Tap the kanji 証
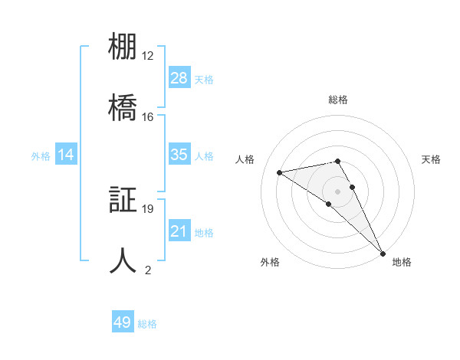tap(123, 201)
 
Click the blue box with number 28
tap(179, 78)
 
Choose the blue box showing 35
tap(179, 155)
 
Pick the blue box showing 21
tap(179, 231)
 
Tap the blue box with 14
tap(66, 155)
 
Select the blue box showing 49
tap(123, 322)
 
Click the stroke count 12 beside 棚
tap(148, 56)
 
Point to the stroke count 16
tap(148, 116)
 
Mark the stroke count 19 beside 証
tap(148, 208)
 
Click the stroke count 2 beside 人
tap(148, 269)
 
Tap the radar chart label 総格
tap(337, 100)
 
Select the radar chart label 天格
tap(431, 159)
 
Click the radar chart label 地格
tap(402, 262)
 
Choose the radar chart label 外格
tap(270, 262)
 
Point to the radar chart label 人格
tap(245, 159)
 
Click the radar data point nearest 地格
tap(383, 254)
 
